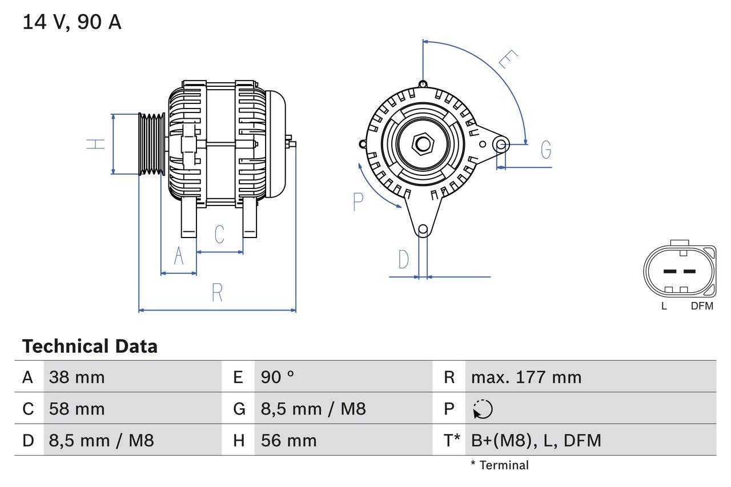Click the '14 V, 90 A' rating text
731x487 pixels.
[72, 22]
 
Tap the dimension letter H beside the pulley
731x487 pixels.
[97, 144]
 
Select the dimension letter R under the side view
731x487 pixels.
[217, 292]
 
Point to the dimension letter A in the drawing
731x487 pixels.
[179, 256]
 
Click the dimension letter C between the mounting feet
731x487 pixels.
[219, 234]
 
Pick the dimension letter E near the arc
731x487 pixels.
[508, 60]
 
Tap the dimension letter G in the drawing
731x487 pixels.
[546, 150]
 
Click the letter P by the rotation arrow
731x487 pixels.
[358, 202]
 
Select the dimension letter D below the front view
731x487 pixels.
[404, 260]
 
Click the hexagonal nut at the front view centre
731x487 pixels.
[423, 143]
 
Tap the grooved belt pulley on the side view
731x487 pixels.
[152, 143]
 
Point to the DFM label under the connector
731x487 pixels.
[702, 306]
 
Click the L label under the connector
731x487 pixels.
[664, 306]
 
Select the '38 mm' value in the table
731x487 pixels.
[77, 377]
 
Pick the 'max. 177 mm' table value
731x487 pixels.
[526, 377]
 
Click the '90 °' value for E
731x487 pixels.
[278, 377]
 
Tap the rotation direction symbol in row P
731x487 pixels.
[483, 409]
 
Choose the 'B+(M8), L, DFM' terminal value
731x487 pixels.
[536, 440]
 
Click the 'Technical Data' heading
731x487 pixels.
[90, 347]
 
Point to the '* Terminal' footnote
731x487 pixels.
[500, 465]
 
